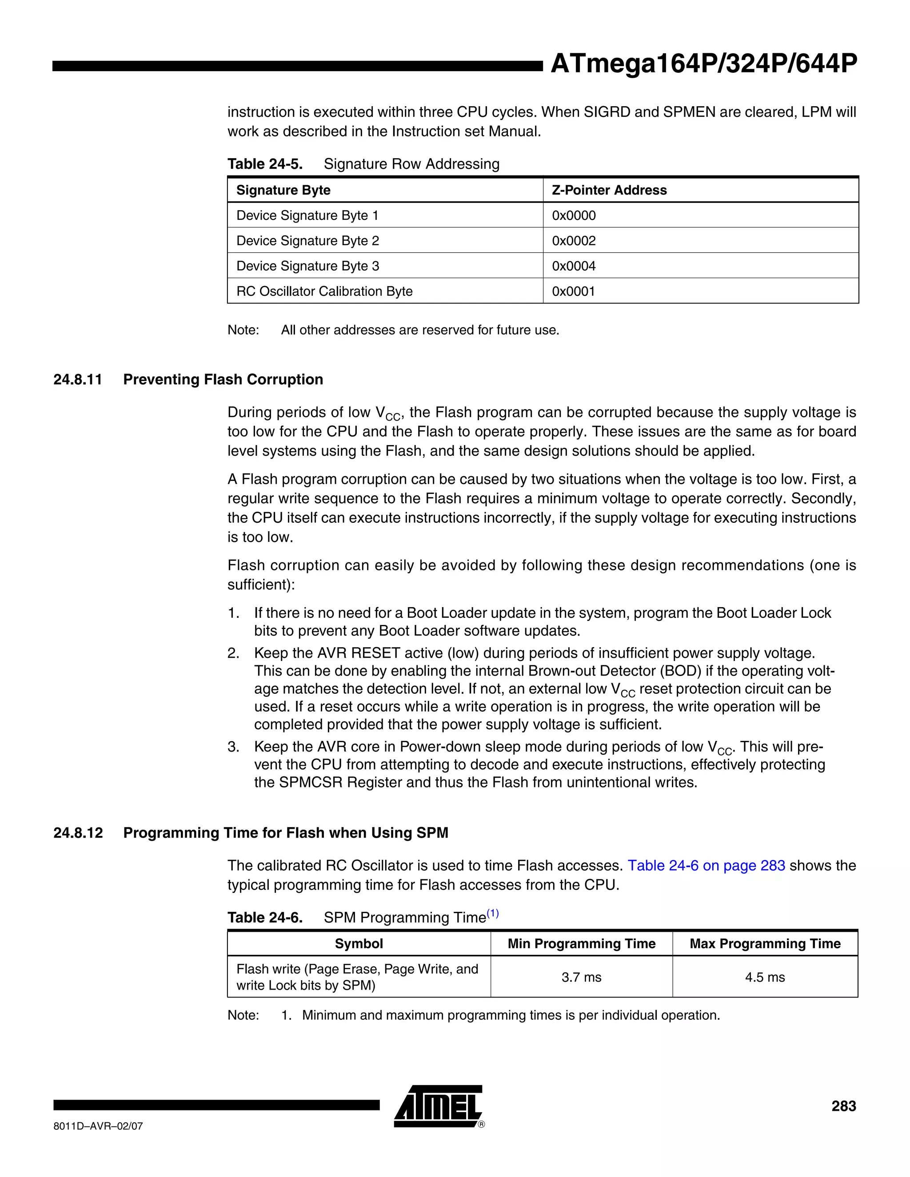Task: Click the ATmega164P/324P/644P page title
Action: [703, 64]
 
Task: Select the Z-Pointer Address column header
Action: [609, 190]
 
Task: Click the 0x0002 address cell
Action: [574, 241]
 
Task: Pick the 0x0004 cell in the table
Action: [574, 266]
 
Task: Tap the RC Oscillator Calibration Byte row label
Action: [324, 291]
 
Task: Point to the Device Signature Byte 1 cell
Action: [307, 215]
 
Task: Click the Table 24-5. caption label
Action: [265, 164]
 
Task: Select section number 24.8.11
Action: [78, 379]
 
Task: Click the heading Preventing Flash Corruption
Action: [223, 379]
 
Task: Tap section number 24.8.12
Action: [78, 833]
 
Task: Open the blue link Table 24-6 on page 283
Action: [706, 866]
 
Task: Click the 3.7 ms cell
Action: [581, 977]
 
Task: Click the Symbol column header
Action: [359, 944]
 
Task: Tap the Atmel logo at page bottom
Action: [438, 1107]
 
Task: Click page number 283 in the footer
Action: [843, 1106]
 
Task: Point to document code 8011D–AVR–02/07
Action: [98, 1126]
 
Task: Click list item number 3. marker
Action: [233, 747]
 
